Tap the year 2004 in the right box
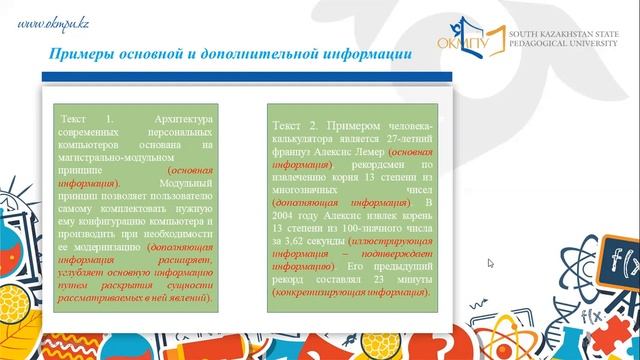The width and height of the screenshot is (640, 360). coord(286,214)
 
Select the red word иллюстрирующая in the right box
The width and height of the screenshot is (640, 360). coord(374,240)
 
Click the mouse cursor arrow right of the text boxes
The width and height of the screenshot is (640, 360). coord(490,264)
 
